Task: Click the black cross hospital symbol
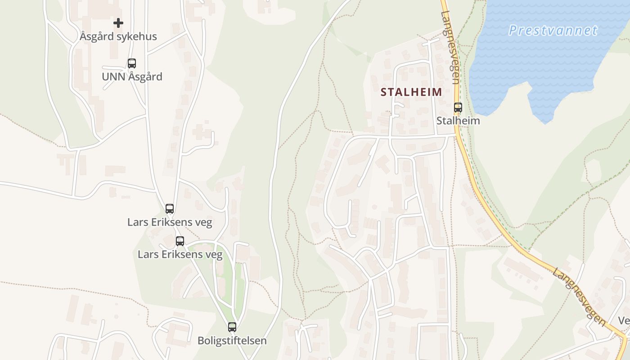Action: pos(118,22)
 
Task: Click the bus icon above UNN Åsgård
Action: pos(132,63)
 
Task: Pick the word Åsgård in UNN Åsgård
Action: pos(145,76)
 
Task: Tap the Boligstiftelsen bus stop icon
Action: pos(232,327)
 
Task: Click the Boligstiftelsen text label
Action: pos(232,341)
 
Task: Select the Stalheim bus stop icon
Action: pos(458,108)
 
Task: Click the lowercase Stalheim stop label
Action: pos(458,121)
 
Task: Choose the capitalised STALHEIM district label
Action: pos(411,92)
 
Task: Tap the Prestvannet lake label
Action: pos(553,31)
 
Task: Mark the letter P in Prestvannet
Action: pos(513,31)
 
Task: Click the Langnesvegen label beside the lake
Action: pos(450,47)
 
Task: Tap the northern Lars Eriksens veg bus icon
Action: pos(170,209)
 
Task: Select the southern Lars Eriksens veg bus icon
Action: pos(180,241)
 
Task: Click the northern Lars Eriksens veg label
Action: pos(170,222)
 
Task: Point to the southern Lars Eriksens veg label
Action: pos(180,255)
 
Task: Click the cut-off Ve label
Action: pos(624,321)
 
